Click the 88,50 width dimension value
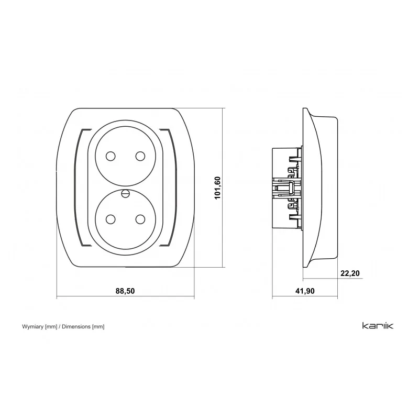[x=125, y=291]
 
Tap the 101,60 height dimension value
[x=218, y=188]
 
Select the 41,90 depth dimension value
[x=305, y=291]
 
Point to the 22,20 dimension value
[x=350, y=273]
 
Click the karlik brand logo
[x=378, y=326]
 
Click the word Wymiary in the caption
[x=33, y=326]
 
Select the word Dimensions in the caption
[x=76, y=326]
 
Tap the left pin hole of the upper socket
[x=111, y=156]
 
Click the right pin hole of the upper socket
[x=140, y=156]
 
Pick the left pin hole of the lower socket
[x=111, y=219]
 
